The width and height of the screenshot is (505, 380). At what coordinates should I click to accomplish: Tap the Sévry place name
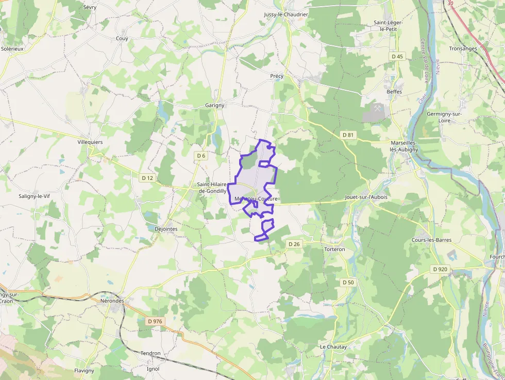pyautogui.click(x=90, y=8)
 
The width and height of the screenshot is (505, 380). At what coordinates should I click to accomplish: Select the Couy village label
pyautogui.click(x=122, y=39)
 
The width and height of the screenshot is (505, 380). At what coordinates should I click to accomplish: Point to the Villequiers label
pyautogui.click(x=90, y=142)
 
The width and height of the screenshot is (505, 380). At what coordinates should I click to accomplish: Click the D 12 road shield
pyautogui.click(x=147, y=178)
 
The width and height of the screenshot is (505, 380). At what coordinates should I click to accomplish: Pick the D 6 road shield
pyautogui.click(x=201, y=156)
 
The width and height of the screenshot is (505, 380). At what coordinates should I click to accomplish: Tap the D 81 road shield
pyautogui.click(x=348, y=135)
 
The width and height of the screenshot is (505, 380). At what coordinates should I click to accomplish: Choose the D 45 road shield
pyautogui.click(x=397, y=56)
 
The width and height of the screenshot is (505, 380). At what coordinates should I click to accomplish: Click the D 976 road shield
pyautogui.click(x=155, y=321)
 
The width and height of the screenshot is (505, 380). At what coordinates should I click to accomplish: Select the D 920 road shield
pyautogui.click(x=440, y=269)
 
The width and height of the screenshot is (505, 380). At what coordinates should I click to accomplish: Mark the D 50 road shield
pyautogui.click(x=348, y=283)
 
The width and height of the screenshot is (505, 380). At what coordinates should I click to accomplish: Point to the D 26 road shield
pyautogui.click(x=294, y=244)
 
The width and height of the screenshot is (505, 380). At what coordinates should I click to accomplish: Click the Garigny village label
pyautogui.click(x=214, y=105)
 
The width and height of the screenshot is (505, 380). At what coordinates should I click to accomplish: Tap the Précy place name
pyautogui.click(x=277, y=76)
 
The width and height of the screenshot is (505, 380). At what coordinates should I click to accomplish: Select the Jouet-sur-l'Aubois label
pyautogui.click(x=365, y=197)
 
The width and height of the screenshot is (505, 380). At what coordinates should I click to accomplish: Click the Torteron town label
pyautogui.click(x=334, y=250)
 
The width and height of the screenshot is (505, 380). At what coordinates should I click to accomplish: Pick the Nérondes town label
pyautogui.click(x=112, y=301)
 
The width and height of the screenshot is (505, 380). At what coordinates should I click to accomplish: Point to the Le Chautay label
pyautogui.click(x=333, y=347)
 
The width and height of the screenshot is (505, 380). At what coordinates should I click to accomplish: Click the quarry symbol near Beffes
pyautogui.click(x=378, y=108)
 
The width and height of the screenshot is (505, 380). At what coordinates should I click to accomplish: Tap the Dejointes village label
pyautogui.click(x=166, y=229)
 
